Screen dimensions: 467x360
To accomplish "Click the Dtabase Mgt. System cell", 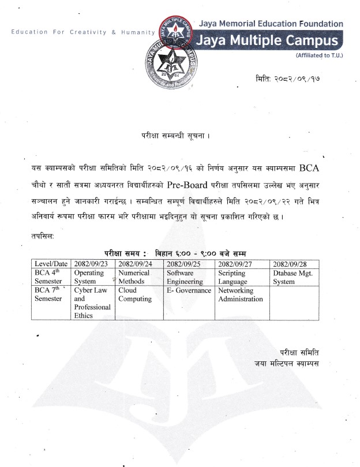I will tap(292, 277).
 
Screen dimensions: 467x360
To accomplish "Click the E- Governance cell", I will tap(189, 290).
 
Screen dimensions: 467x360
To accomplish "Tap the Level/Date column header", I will tap(51, 264).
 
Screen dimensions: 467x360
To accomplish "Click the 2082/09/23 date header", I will tap(91, 264).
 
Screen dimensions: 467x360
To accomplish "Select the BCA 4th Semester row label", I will tap(51, 277).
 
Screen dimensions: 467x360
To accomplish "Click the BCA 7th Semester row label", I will tap(51, 294).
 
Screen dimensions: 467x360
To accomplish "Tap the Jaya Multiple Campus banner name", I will tap(267, 42).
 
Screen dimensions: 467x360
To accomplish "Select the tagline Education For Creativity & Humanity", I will tap(83, 32).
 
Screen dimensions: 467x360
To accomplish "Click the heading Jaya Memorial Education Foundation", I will tap(271, 24).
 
